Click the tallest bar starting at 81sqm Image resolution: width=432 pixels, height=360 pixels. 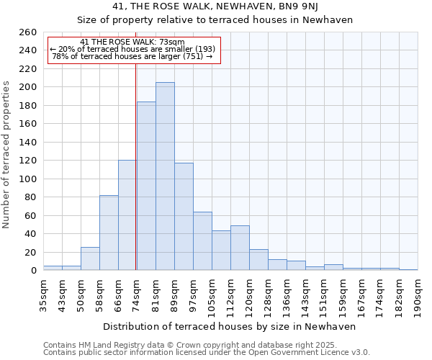(x=165, y=176)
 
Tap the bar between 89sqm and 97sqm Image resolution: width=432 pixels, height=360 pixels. (x=184, y=217)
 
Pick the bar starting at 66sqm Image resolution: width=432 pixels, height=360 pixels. (x=127, y=215)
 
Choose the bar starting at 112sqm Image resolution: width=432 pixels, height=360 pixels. (x=240, y=248)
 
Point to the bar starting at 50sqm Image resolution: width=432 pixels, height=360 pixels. (x=90, y=258)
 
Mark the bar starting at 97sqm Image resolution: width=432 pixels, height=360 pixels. (x=202, y=241)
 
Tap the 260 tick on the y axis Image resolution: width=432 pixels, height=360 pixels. (x=28, y=32)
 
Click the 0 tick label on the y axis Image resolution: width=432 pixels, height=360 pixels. (x=33, y=271)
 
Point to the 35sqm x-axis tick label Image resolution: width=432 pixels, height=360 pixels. (x=43, y=292)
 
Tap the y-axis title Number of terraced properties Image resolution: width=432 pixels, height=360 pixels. (x=7, y=155)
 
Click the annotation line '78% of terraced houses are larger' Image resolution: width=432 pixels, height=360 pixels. (x=132, y=56)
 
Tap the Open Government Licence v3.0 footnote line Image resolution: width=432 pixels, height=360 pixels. (x=207, y=352)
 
